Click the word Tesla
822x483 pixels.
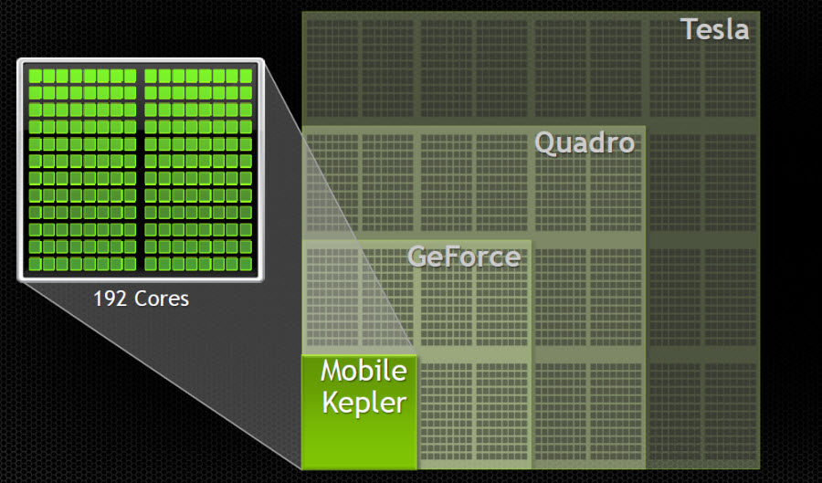(x=714, y=28)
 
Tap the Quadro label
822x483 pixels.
(x=584, y=143)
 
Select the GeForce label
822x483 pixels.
(x=463, y=257)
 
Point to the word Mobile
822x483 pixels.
(x=363, y=372)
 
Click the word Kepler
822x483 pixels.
(x=364, y=403)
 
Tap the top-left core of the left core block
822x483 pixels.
(x=35, y=76)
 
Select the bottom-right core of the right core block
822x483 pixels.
(x=246, y=264)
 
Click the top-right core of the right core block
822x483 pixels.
(x=246, y=76)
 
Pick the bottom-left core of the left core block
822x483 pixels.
(x=35, y=264)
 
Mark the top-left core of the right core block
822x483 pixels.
(x=151, y=76)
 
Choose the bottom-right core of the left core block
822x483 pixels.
(x=130, y=264)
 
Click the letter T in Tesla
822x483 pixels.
(x=690, y=28)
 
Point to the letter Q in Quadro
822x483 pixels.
(x=545, y=143)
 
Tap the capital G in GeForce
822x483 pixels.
(x=418, y=257)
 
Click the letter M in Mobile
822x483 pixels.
(x=332, y=372)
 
